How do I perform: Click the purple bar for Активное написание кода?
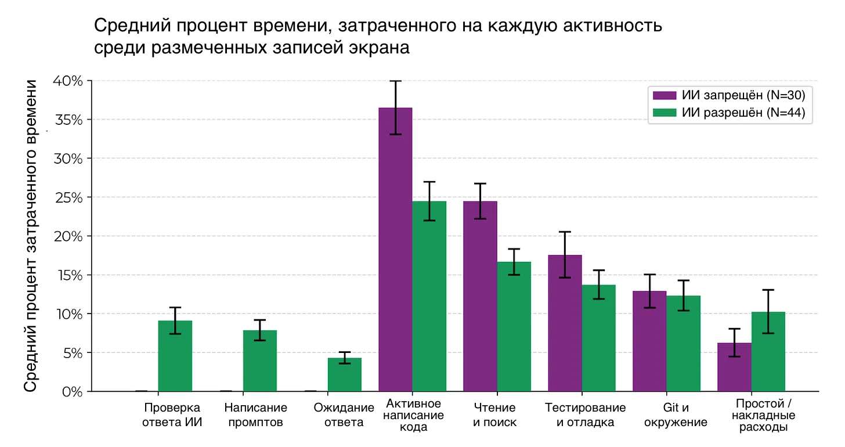[x=395, y=250]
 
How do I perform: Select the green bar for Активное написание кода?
[x=429, y=296]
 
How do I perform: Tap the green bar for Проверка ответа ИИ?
[x=175, y=356]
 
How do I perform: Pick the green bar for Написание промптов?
[x=260, y=361]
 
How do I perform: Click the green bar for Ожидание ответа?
[x=345, y=374]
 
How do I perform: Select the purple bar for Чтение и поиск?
[x=480, y=296]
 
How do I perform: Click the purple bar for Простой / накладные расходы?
[x=734, y=367]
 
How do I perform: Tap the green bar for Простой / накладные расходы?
[x=768, y=352]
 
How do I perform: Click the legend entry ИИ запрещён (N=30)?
[x=730, y=95]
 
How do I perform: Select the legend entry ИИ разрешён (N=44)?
[x=730, y=113]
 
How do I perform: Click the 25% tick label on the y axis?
[x=69, y=197]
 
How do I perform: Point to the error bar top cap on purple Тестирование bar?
[x=565, y=232]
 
